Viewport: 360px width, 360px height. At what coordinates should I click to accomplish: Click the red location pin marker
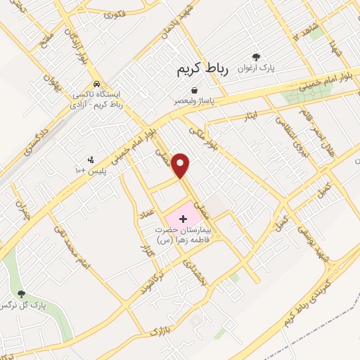coord(181,165)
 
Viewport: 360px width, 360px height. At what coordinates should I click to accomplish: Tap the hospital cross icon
coord(184,219)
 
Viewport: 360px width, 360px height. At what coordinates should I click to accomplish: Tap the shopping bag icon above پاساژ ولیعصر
coord(193,90)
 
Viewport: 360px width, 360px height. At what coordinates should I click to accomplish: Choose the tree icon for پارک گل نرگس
coord(21,294)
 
